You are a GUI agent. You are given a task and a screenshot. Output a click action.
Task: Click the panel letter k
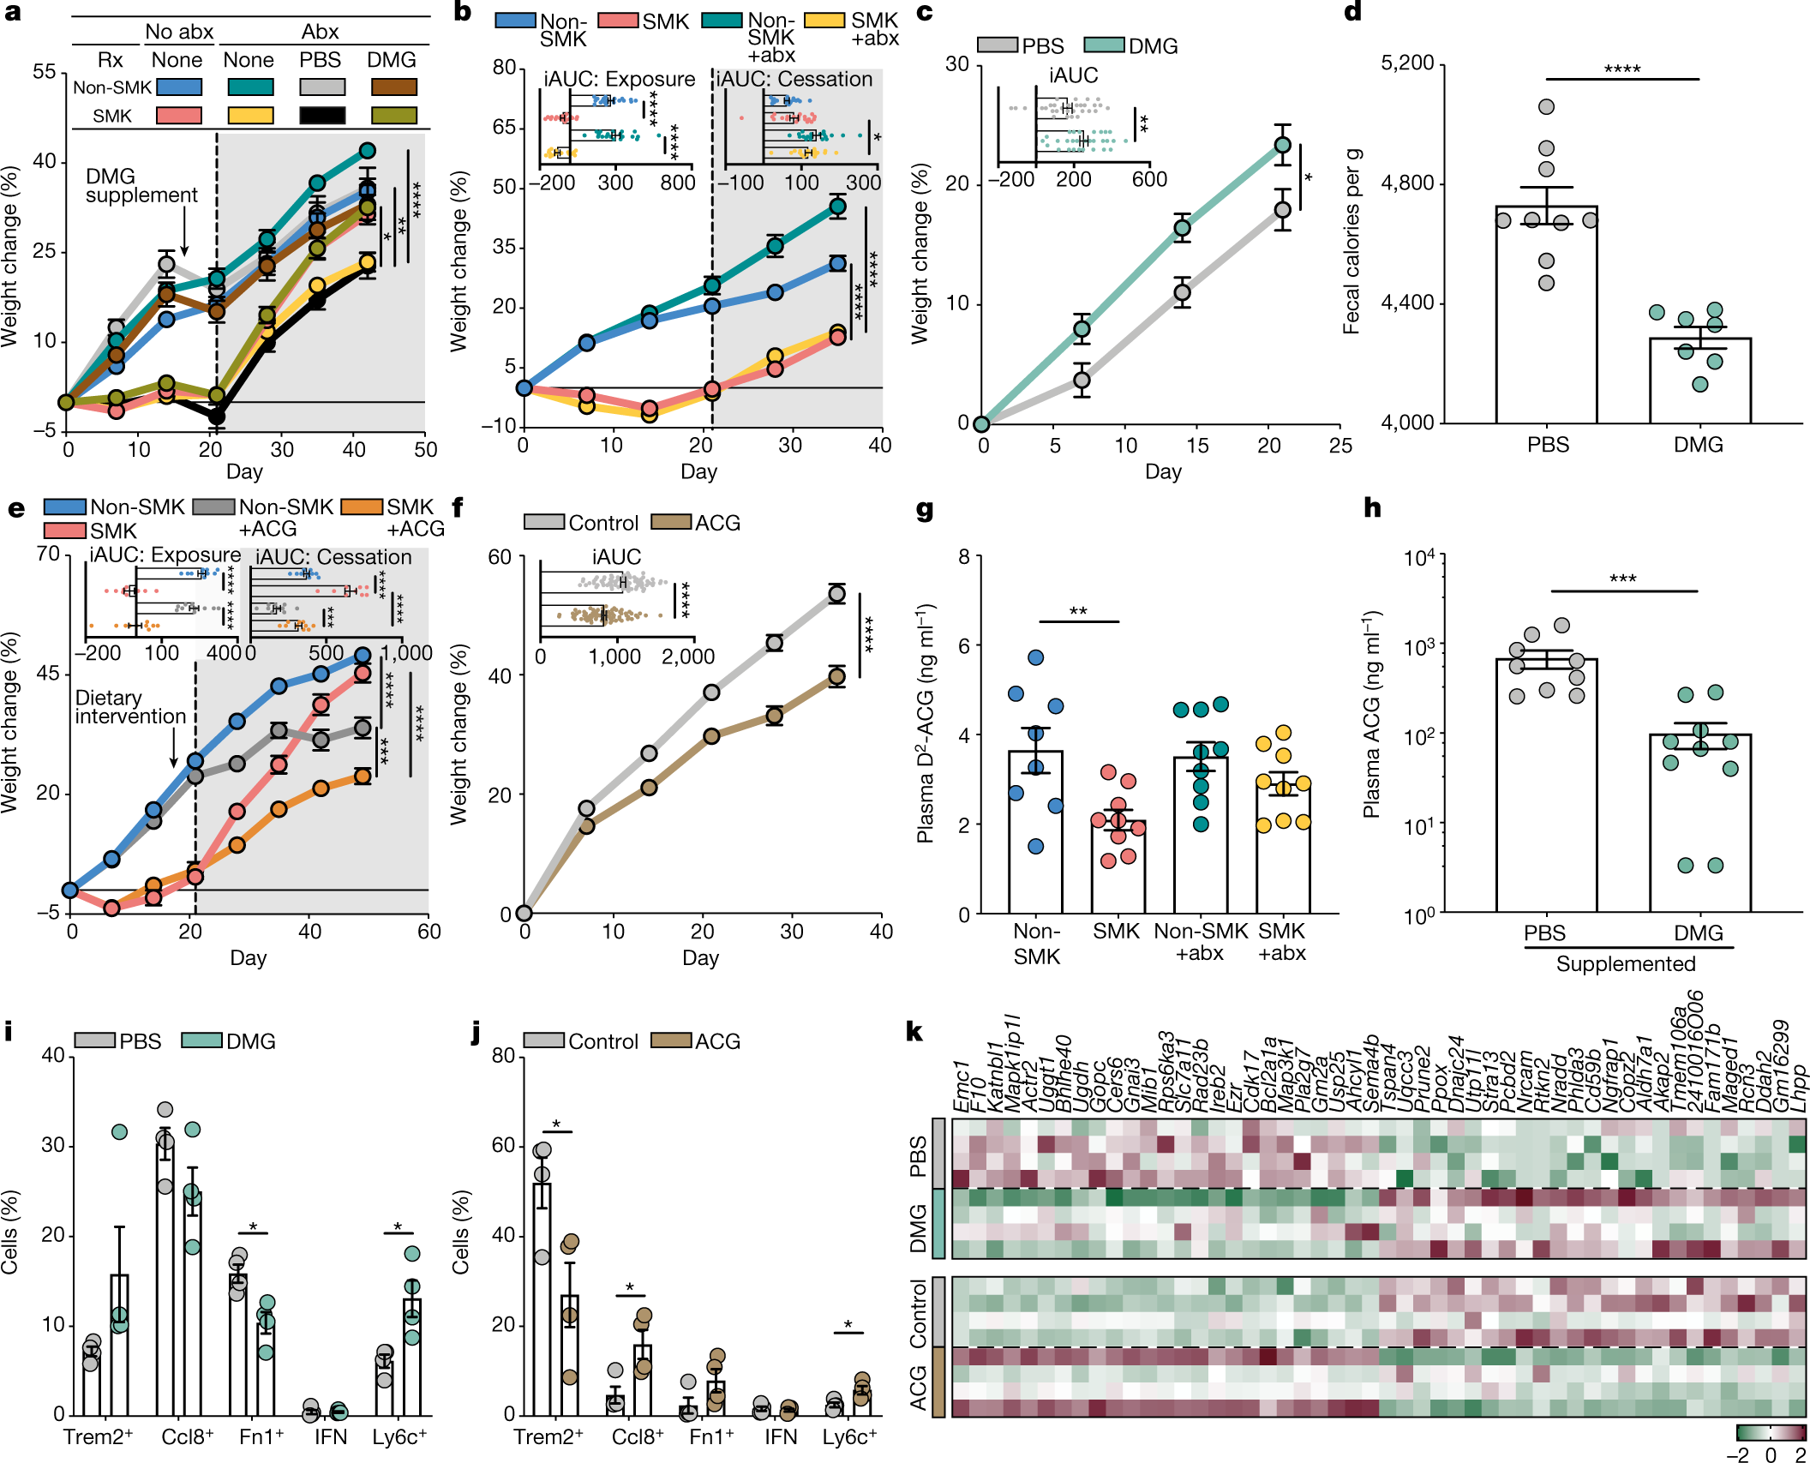coord(914,1032)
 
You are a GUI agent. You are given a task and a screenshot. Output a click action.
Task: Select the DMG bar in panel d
coord(1699,381)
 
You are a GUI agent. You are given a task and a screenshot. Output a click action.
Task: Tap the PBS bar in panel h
coord(1546,784)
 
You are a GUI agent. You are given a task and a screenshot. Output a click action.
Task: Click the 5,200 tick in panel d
coord(1406,63)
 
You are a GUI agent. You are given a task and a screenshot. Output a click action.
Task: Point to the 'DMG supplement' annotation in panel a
coord(141,186)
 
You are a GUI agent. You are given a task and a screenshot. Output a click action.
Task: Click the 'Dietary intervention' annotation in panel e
coord(130,707)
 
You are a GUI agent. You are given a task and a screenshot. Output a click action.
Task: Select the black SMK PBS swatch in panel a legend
coord(322,116)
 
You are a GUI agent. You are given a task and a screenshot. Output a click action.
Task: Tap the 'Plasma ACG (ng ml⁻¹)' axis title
coord(1372,714)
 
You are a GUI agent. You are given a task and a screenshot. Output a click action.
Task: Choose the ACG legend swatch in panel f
coord(671,523)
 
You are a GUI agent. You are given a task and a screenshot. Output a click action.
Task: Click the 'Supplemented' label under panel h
coord(1626,964)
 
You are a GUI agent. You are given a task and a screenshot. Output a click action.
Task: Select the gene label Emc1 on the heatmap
coord(962,1088)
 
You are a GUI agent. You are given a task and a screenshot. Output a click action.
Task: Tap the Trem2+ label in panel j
coord(548,1437)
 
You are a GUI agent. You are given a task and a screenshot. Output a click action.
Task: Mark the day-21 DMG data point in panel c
coord(1282,146)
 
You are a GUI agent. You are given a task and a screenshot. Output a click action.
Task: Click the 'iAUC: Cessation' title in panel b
coord(794,80)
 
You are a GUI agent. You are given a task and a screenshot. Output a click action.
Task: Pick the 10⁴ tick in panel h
coord(1419,559)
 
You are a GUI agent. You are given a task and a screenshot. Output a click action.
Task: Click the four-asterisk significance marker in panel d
coord(1621,69)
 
